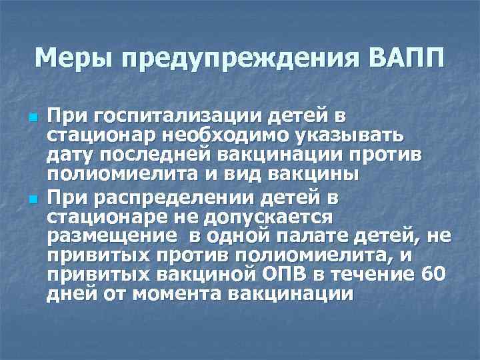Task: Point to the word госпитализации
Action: (172, 119)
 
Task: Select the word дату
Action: (69, 156)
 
